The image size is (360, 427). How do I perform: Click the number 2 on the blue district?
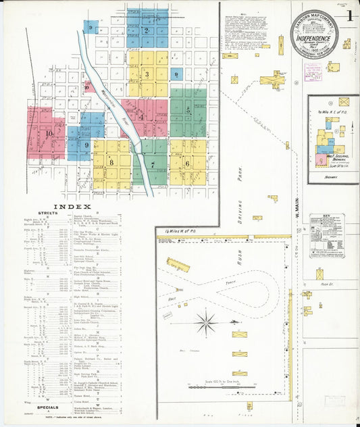pyautogui.click(x=147, y=30)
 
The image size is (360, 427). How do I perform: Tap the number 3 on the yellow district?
pyautogui.click(x=147, y=74)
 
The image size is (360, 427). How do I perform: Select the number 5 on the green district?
pyautogui.click(x=188, y=109)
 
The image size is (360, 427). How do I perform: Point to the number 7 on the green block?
pyautogui.click(x=153, y=164)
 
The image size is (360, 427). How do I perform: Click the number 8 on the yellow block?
pyautogui.click(x=111, y=162)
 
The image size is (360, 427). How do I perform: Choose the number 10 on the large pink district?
pyautogui.click(x=48, y=133)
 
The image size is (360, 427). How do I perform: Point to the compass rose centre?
pyautogui.click(x=205, y=320)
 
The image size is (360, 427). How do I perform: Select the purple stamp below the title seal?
pyautogui.click(x=313, y=70)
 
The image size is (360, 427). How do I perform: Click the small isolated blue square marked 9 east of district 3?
pyautogui.click(x=176, y=74)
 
